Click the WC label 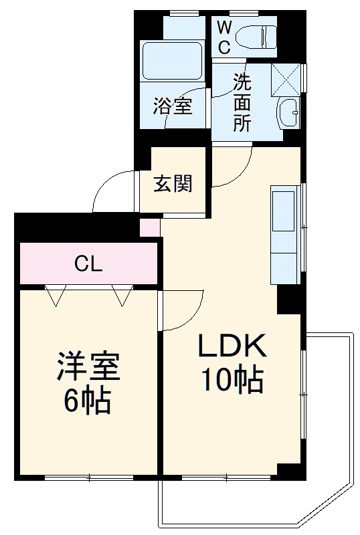(223, 37)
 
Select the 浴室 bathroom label (173, 106)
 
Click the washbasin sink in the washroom (288, 112)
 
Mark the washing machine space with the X (286, 80)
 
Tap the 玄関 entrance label (173, 184)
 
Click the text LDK (232, 346)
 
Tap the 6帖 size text (88, 401)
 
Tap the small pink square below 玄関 (149, 227)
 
